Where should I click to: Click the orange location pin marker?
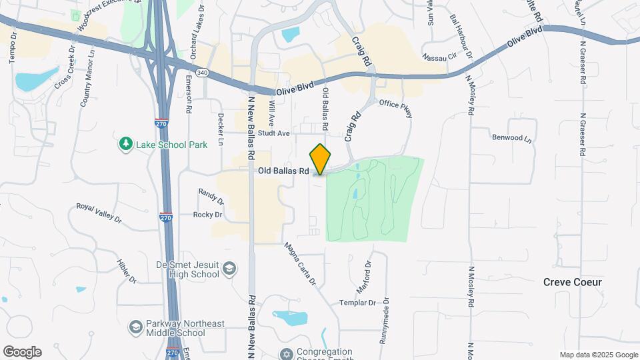(321, 159)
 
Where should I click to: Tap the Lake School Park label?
(172, 144)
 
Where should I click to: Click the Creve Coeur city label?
(572, 282)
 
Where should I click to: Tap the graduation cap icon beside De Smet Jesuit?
(229, 269)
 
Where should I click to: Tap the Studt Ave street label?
(274, 133)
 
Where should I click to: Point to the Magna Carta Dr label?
(299, 264)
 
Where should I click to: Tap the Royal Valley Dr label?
(99, 212)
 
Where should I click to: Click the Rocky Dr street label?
(207, 215)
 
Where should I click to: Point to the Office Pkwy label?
(396, 109)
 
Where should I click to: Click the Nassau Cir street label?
(439, 58)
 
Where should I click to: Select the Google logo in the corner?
(22, 352)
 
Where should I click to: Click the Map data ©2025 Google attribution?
(598, 355)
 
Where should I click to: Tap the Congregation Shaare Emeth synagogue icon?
(287, 353)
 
